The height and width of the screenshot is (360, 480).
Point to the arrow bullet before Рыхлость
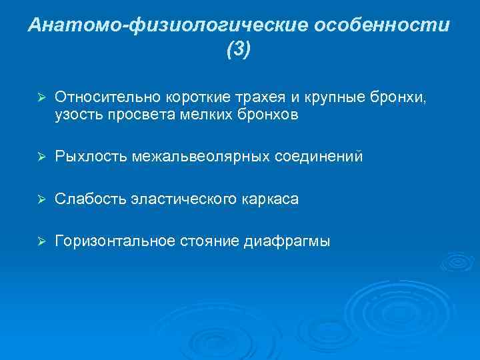40,157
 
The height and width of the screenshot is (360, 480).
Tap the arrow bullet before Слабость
40,199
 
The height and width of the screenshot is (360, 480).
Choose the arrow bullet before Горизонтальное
40,242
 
